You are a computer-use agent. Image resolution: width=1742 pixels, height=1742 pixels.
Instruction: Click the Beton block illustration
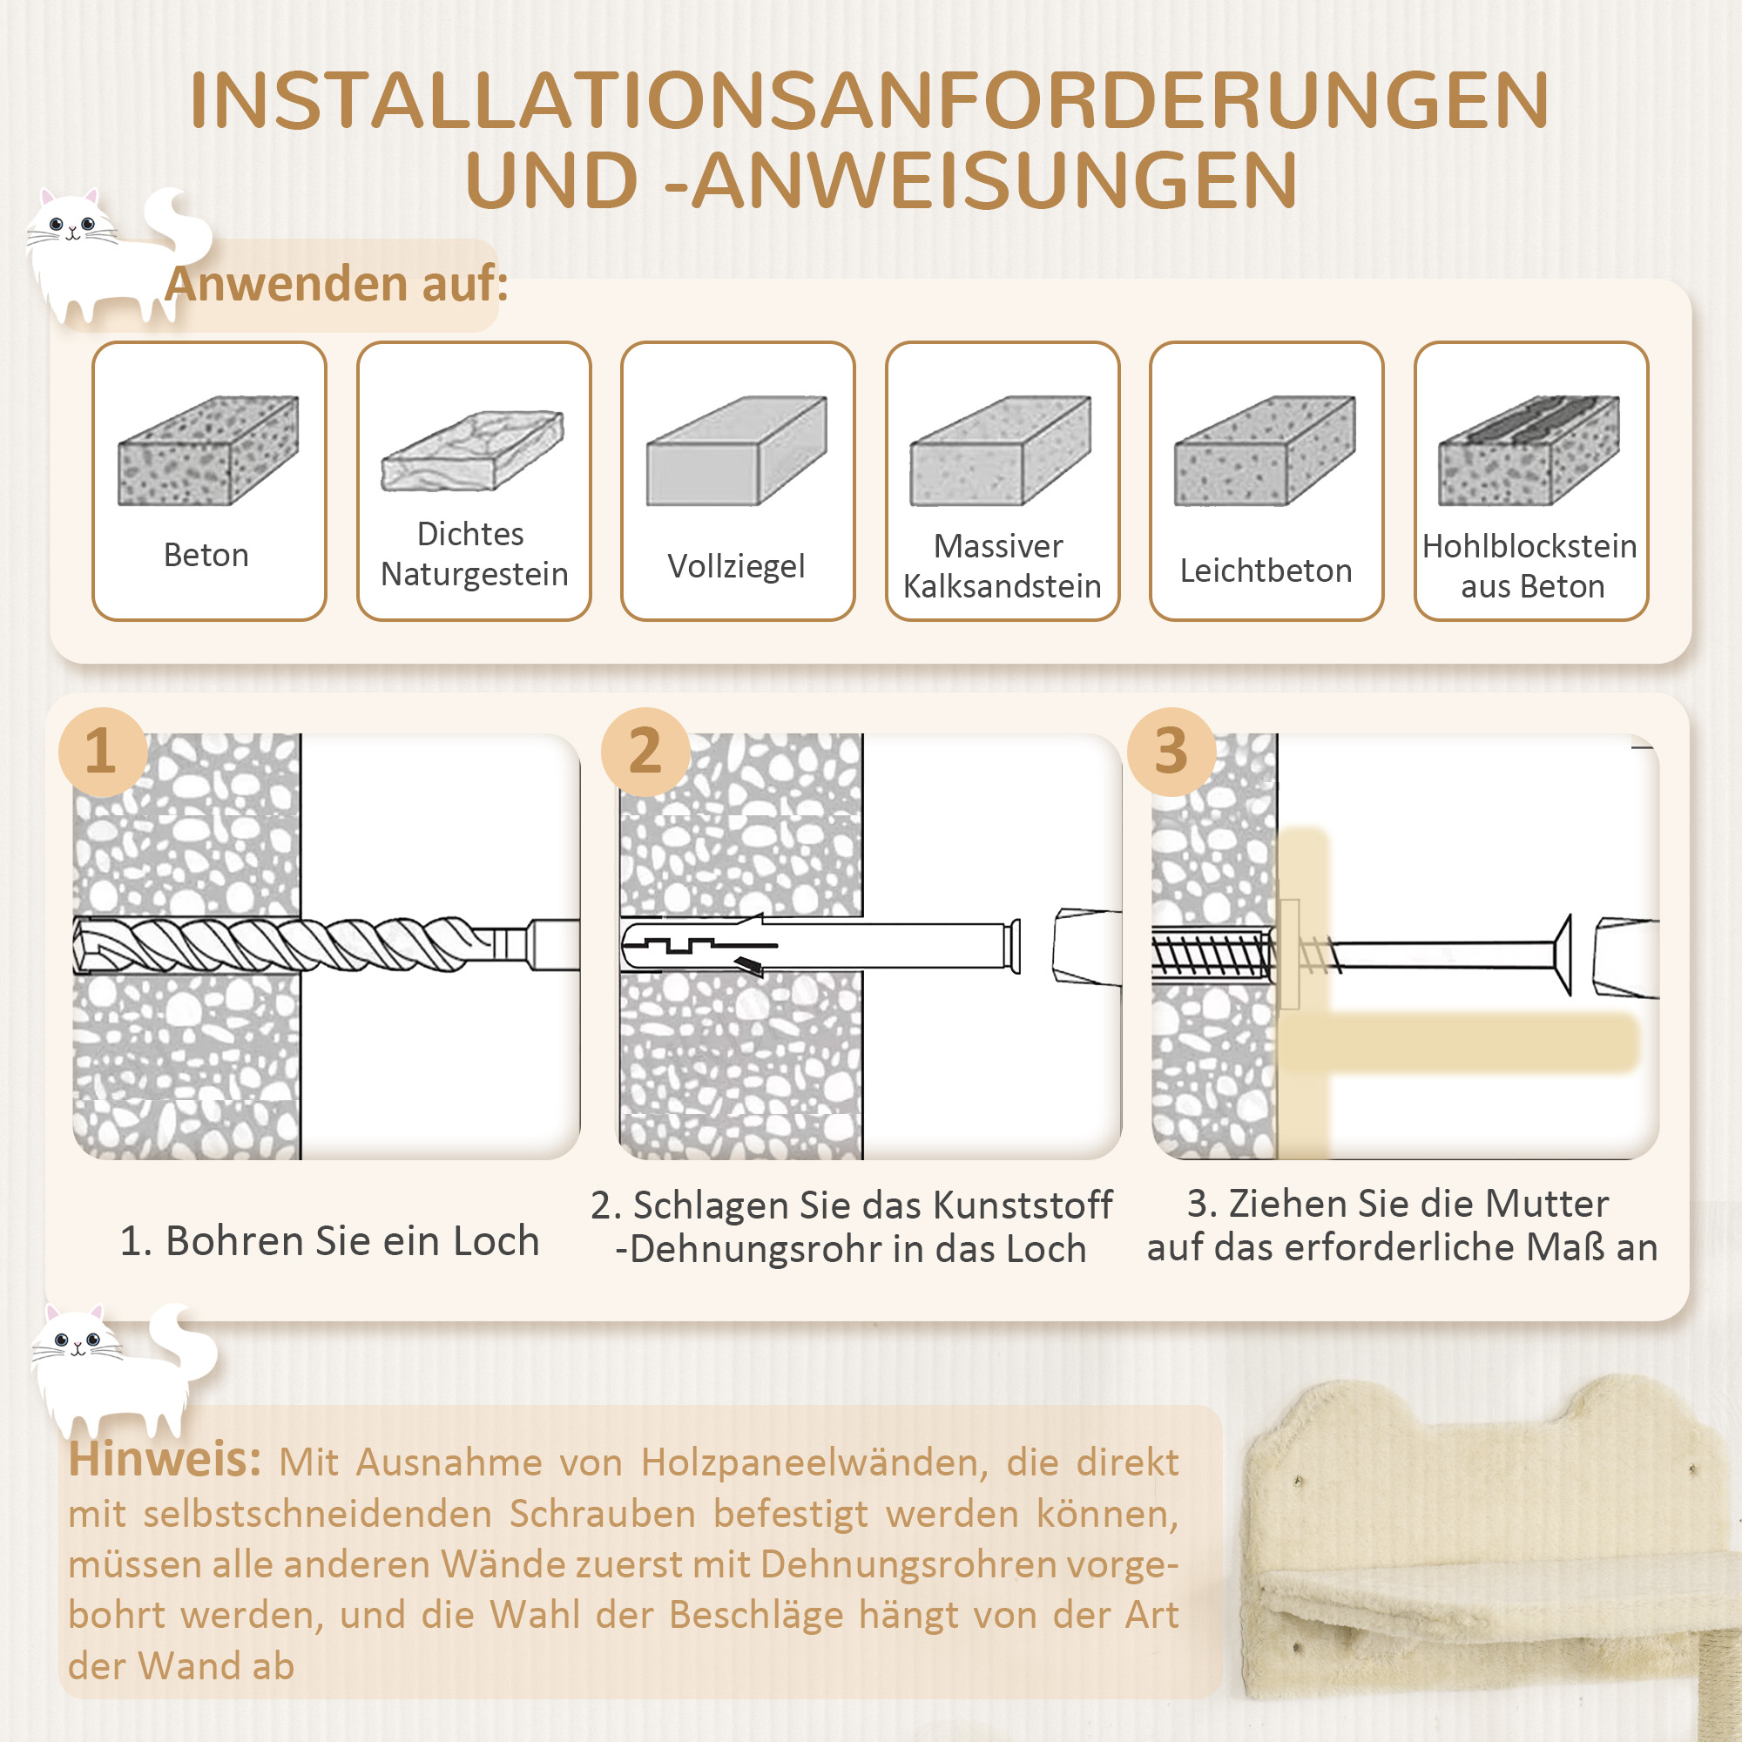click(x=208, y=450)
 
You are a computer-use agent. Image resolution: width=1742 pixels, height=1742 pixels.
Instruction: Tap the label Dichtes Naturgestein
click(x=473, y=554)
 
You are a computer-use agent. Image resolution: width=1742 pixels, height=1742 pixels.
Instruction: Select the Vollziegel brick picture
click(x=737, y=450)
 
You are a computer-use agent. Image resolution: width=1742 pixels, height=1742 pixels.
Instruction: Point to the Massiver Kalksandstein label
click(x=1002, y=565)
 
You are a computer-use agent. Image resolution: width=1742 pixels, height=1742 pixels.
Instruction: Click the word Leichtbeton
click(x=1266, y=571)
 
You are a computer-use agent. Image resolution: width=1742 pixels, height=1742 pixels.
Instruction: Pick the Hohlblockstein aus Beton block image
click(x=1529, y=450)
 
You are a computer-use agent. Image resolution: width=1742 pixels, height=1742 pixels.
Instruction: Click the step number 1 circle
click(x=102, y=751)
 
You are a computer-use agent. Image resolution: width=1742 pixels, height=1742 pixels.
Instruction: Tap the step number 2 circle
click(x=645, y=751)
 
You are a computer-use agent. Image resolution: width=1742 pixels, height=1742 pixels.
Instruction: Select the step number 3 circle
click(x=1171, y=751)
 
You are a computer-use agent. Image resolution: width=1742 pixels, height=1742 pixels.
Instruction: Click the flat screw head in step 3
click(x=1565, y=955)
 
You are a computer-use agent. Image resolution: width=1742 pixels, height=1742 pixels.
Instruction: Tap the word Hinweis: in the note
click(x=164, y=1460)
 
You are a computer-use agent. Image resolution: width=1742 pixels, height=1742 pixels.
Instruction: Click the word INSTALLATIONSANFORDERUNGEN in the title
click(x=869, y=100)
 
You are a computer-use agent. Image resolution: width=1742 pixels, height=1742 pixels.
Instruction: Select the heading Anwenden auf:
click(x=336, y=284)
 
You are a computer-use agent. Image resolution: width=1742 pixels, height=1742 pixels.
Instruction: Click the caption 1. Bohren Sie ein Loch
click(x=329, y=1240)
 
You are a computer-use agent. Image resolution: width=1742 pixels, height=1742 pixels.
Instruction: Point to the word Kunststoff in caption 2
click(x=1022, y=1205)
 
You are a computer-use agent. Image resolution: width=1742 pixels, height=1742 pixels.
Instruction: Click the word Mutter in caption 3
click(x=1546, y=1204)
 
